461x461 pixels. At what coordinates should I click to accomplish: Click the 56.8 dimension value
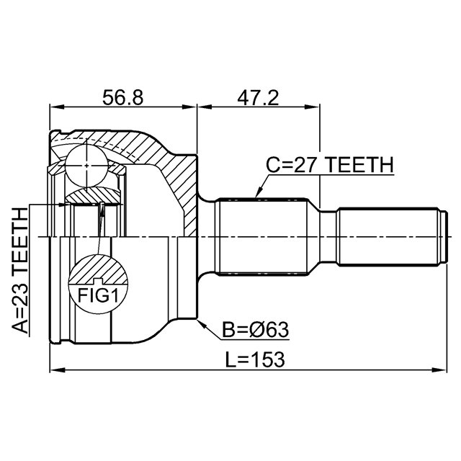click(122, 98)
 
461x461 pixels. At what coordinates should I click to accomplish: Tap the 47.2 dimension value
click(258, 98)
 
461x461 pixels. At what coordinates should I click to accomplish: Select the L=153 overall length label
click(255, 359)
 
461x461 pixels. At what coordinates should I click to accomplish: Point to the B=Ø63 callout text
click(255, 330)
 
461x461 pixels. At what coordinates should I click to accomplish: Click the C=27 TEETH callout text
click(330, 164)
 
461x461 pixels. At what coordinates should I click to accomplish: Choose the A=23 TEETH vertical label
click(20, 271)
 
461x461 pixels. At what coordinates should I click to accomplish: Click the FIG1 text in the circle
click(98, 296)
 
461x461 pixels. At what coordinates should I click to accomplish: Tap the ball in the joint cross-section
click(86, 166)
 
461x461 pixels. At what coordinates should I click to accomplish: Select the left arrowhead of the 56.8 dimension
click(57, 107)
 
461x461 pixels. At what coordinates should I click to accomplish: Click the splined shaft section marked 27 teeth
click(262, 237)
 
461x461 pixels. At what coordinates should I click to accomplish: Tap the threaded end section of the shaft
click(389, 237)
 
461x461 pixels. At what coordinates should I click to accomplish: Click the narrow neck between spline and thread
click(328, 237)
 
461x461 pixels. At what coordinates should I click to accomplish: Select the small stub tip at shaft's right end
click(445, 237)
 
